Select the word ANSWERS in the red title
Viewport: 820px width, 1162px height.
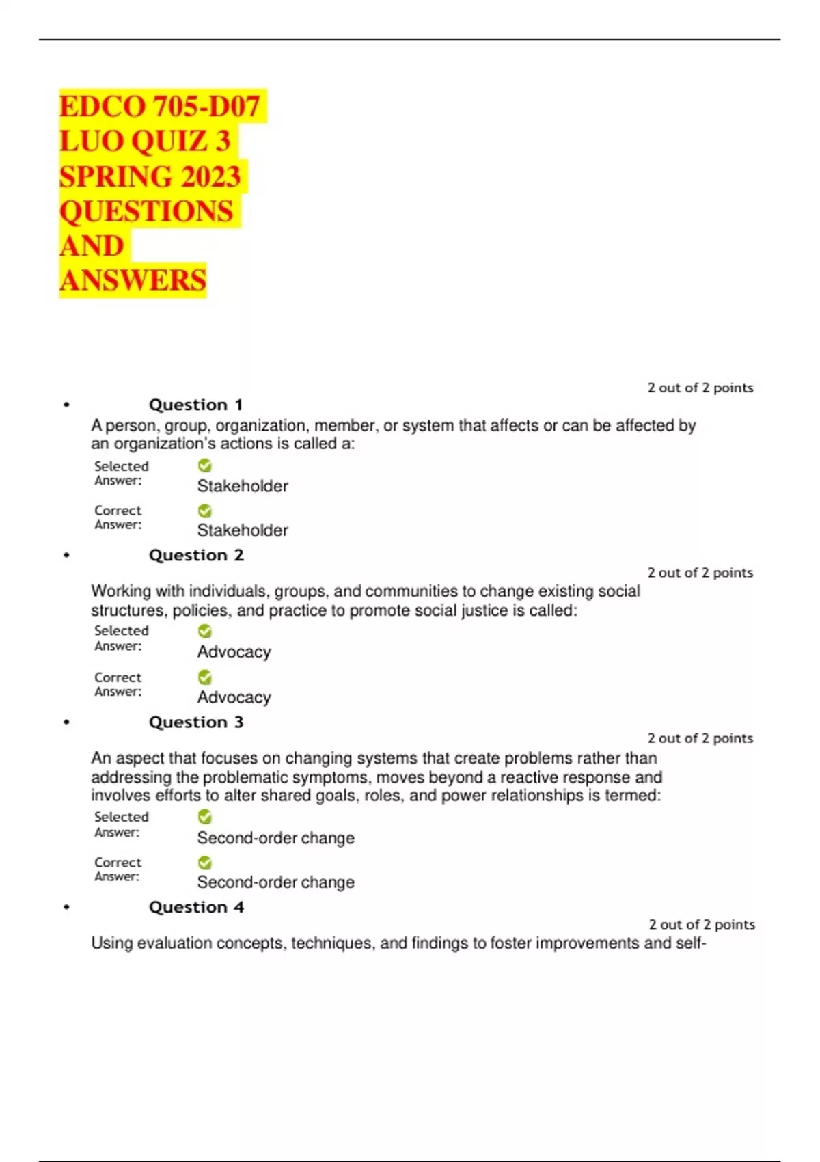(133, 280)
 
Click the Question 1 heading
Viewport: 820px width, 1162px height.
(196, 405)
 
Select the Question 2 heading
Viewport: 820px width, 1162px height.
(196, 555)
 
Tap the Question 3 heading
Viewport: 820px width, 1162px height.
(196, 722)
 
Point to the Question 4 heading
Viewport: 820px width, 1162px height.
(196, 907)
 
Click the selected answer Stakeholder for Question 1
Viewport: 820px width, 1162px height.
(243, 486)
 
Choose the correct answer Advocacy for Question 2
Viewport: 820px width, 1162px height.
(234, 697)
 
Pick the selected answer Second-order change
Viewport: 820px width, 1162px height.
(275, 838)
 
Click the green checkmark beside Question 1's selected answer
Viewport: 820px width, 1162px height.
(204, 465)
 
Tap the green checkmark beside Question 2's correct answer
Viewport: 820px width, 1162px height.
(204, 677)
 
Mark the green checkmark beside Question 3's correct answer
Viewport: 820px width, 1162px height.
(204, 863)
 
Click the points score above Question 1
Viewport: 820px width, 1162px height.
(700, 388)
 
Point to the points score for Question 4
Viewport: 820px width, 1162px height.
(702, 924)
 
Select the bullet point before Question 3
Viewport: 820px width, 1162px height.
(66, 722)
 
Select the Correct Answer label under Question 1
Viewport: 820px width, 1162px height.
(118, 517)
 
